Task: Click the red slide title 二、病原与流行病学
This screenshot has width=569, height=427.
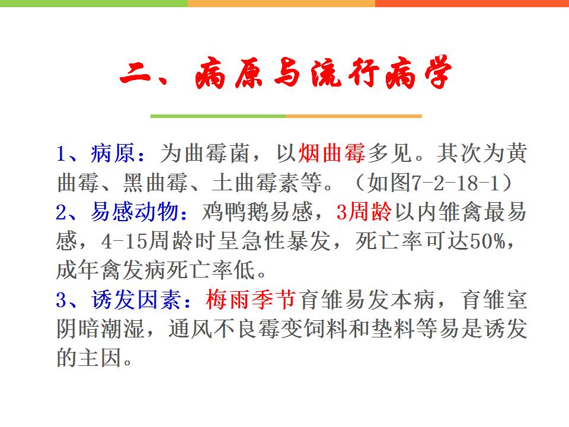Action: (286, 73)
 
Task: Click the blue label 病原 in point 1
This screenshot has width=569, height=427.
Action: (113, 153)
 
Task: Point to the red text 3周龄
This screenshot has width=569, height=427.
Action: (365, 212)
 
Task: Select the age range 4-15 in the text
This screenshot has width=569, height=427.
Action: (124, 241)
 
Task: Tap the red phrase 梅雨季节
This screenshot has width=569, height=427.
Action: (251, 300)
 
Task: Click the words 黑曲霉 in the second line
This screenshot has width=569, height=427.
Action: (155, 183)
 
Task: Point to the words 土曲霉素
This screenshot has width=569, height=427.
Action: (256, 183)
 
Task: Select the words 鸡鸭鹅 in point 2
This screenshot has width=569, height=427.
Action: (236, 212)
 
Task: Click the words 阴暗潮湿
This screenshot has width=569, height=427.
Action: (101, 329)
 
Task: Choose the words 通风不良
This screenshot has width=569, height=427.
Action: (213, 329)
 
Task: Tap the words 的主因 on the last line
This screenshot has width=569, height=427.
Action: (89, 358)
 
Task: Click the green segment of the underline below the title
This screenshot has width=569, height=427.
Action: (218, 116)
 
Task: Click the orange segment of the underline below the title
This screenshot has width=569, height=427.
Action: (354, 116)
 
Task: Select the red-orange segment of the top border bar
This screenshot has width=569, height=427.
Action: (472, 4)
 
